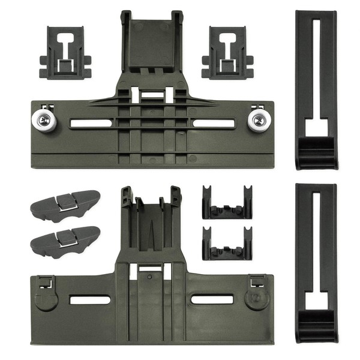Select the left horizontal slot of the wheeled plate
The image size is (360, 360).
tap(90, 124)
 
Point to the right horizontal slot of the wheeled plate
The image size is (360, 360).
tap(213, 123)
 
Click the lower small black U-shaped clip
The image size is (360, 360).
tap(227, 242)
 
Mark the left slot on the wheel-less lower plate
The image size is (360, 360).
tap(90, 299)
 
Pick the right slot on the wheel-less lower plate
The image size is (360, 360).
tap(212, 298)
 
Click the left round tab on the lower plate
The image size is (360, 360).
tap(46, 299)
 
